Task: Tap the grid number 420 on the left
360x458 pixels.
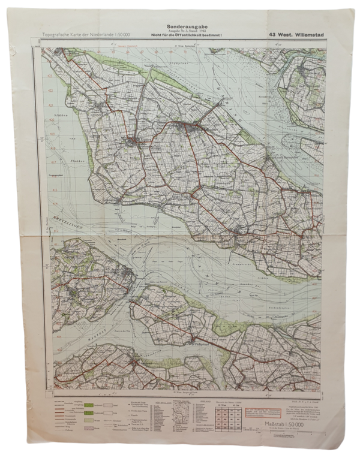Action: tap(51, 120)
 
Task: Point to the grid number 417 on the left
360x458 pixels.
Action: tap(51, 161)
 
